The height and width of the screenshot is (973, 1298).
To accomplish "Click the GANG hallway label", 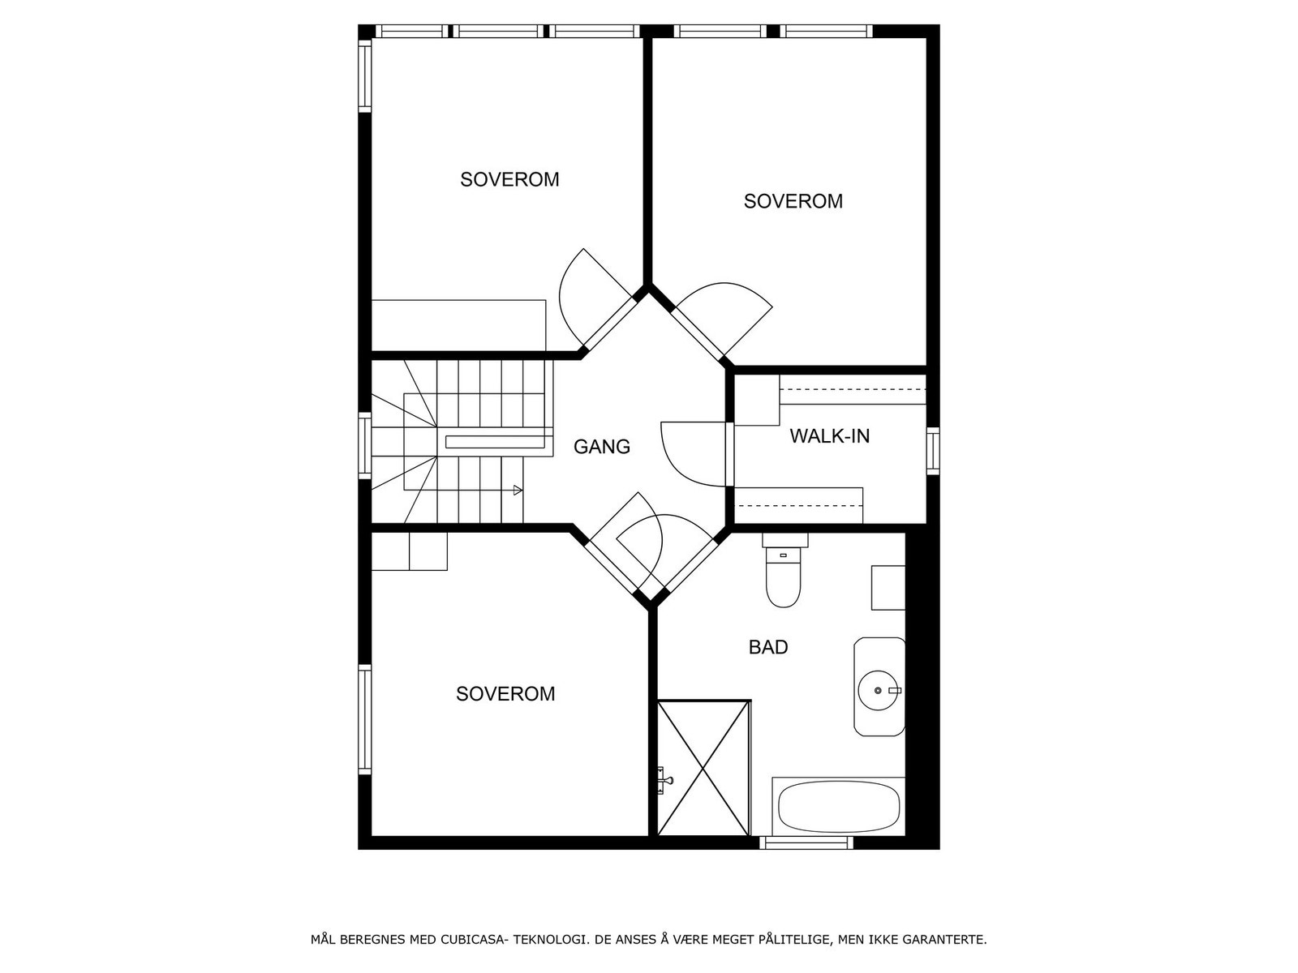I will click(x=601, y=447).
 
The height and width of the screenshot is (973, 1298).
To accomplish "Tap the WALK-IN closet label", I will click(x=829, y=436).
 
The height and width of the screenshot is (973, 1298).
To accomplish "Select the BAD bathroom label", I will click(x=767, y=647).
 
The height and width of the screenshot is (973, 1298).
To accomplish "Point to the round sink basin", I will click(x=879, y=690).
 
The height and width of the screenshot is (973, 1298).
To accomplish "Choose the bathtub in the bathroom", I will click(x=838, y=807).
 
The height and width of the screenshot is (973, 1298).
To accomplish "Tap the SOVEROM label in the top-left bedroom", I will click(x=509, y=179).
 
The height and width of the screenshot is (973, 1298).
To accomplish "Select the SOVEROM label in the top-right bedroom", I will click(x=793, y=201).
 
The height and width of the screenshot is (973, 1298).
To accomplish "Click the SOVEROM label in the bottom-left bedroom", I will click(x=505, y=694).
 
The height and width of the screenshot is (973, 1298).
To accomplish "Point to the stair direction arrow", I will click(x=518, y=490).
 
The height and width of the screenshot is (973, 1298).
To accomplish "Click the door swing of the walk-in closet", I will click(x=690, y=454).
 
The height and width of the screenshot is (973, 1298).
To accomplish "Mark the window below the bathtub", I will click(x=806, y=843).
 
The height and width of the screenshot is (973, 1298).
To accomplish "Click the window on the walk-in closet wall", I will click(x=933, y=451).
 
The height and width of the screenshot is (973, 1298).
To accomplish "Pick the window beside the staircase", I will click(x=365, y=445).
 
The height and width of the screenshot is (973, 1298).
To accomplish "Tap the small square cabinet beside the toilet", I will click(x=888, y=588).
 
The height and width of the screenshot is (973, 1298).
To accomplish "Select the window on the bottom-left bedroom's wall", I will click(x=365, y=720).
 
